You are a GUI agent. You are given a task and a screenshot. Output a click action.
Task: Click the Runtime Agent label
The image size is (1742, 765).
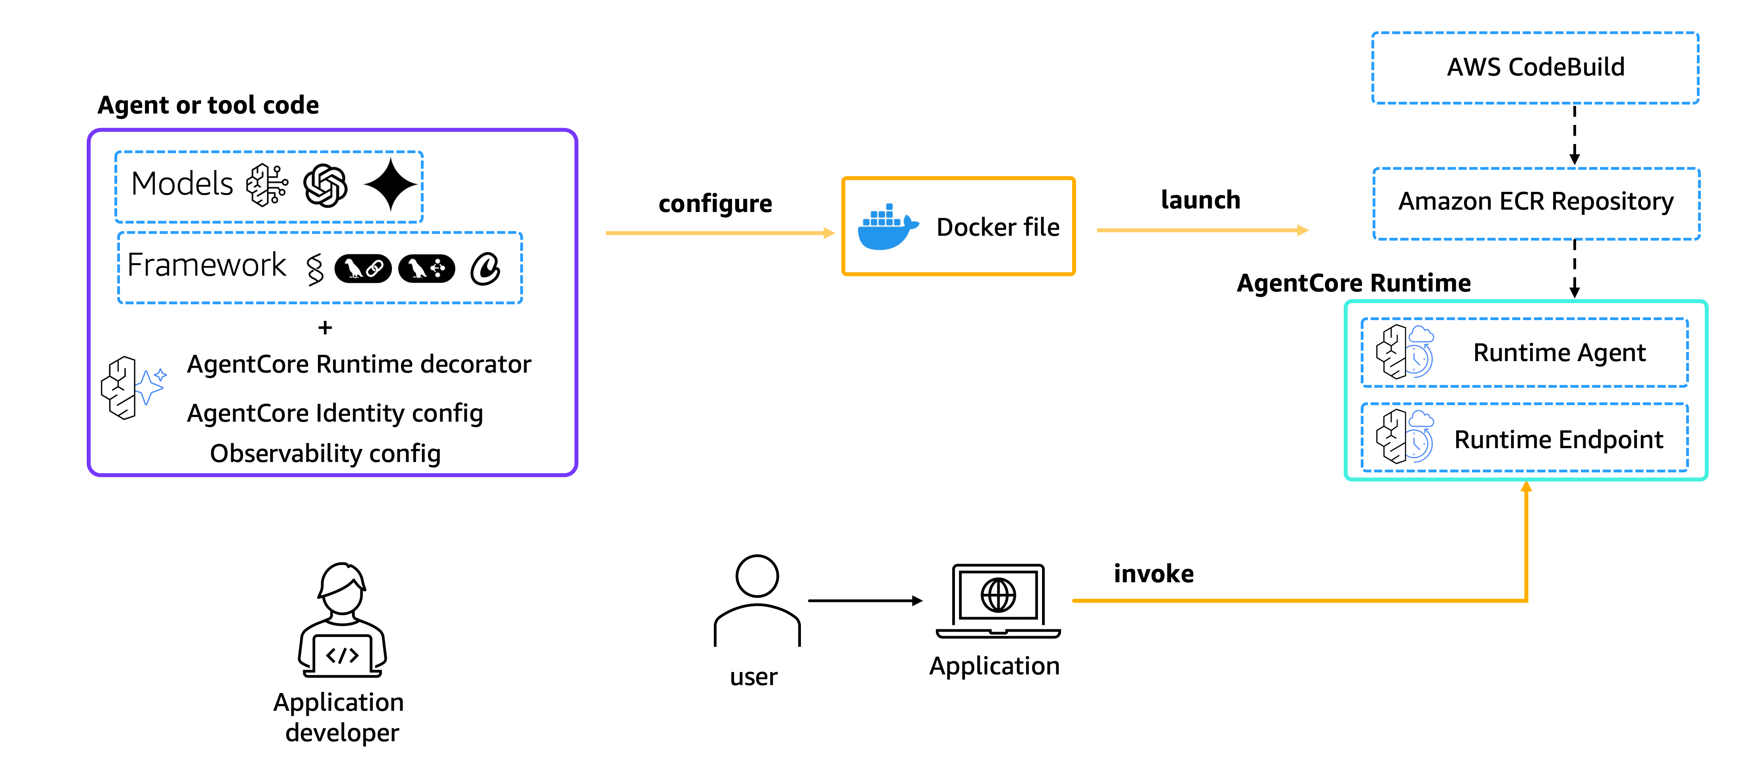click(1559, 353)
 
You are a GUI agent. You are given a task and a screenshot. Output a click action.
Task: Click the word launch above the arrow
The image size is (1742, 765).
click(1200, 200)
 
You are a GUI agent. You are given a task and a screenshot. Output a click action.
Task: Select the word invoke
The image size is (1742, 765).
click(1154, 574)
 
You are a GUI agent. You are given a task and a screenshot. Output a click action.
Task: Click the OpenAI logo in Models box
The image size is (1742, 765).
click(325, 186)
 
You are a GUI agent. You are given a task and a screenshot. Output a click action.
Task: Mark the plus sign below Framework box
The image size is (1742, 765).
click(325, 328)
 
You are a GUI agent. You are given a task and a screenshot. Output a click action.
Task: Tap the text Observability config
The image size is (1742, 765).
click(325, 453)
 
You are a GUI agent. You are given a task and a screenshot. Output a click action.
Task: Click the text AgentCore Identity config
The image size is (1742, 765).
click(335, 413)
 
